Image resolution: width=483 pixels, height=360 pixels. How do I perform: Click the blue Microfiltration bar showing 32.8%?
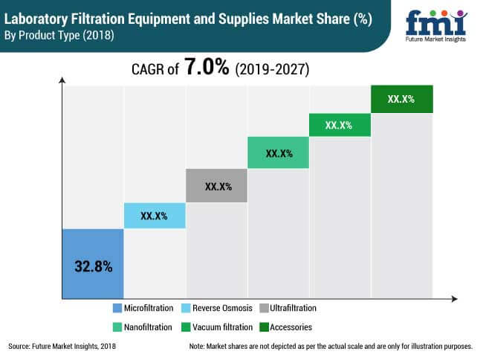(x=92, y=262)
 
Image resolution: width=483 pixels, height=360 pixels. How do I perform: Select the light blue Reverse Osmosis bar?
(x=154, y=216)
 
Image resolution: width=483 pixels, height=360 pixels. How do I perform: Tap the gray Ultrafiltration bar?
(x=215, y=185)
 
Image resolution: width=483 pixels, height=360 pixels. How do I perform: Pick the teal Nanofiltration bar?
(x=278, y=153)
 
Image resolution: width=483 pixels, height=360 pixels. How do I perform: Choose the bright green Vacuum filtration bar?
(x=339, y=125)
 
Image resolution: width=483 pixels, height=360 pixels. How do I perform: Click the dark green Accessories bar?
(x=401, y=99)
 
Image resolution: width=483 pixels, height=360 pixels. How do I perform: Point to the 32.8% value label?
(x=92, y=265)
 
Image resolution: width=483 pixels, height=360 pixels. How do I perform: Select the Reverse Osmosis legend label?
(x=222, y=308)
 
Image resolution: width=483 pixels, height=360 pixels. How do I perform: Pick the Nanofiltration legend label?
(x=149, y=327)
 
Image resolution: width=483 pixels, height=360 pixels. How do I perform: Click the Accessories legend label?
(x=291, y=327)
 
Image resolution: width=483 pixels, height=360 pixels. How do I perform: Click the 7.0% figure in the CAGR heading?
(x=206, y=68)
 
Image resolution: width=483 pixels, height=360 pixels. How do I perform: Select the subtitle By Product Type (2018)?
(x=59, y=35)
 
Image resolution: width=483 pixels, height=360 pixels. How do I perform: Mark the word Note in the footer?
(x=197, y=347)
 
